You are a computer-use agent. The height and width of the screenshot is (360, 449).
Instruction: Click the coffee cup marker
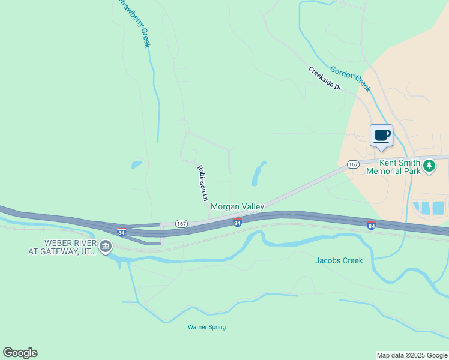[381, 136]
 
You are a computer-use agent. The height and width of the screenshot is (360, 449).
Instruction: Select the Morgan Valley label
[237, 206]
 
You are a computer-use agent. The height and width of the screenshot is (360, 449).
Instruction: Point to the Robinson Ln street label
[203, 182]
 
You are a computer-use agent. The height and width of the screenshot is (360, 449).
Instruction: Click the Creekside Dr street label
[325, 79]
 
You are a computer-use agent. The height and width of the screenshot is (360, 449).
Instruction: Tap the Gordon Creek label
[351, 79]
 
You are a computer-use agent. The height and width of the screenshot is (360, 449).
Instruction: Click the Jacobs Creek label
[339, 260]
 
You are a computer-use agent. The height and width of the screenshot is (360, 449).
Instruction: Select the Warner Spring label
[206, 327]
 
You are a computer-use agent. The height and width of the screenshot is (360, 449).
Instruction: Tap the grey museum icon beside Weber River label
[106, 246]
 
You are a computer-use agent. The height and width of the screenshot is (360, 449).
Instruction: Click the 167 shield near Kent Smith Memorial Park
[353, 164]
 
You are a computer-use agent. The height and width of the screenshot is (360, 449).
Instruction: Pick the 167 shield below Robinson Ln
[182, 223]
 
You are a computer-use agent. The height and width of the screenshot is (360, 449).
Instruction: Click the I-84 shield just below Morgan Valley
[238, 223]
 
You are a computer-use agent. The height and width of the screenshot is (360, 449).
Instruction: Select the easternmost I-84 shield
[371, 225]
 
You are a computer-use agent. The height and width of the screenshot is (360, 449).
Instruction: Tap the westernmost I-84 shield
[122, 232]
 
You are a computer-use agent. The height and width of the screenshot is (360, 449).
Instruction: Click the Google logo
[20, 353]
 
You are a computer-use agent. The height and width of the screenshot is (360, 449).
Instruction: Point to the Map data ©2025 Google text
[412, 355]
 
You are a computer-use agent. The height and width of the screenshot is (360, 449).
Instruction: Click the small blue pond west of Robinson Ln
[137, 164]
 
